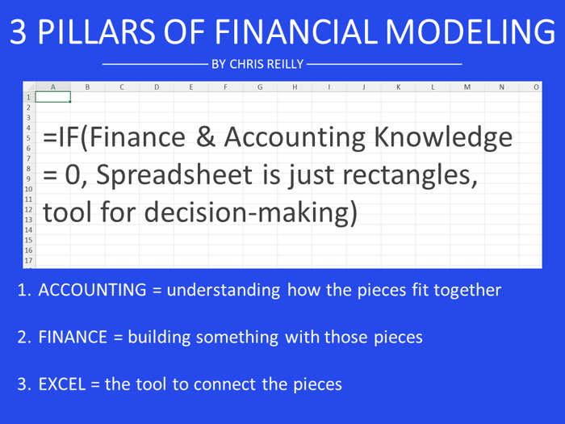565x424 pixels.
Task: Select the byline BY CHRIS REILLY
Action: (257, 63)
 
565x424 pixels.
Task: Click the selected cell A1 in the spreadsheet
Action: (52, 97)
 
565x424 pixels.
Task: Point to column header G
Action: (260, 86)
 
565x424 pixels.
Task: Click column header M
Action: (467, 86)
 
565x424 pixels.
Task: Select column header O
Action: (536, 86)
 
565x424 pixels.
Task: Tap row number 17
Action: (29, 261)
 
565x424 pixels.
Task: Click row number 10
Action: (29, 188)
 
